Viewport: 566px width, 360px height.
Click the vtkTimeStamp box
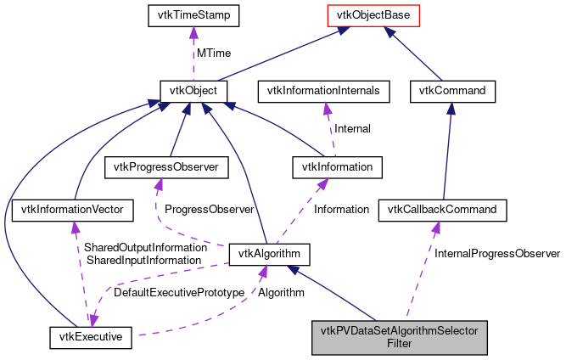coord(194,15)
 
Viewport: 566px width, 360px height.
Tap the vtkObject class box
coord(193,89)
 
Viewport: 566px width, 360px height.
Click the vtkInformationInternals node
coord(324,89)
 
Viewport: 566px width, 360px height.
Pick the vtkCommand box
coord(451,89)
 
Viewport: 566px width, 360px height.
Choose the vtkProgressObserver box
coord(166,167)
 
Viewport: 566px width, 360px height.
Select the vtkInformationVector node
coord(75,208)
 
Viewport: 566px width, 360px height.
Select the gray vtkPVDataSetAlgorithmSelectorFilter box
coord(399,337)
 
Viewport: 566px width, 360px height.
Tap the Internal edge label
coord(351,129)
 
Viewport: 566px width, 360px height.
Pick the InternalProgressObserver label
coord(496,253)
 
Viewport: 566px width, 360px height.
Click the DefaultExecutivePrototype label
coord(174,292)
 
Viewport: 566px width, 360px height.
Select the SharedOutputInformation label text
coord(145,247)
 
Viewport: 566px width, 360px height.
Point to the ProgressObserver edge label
coord(209,209)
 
